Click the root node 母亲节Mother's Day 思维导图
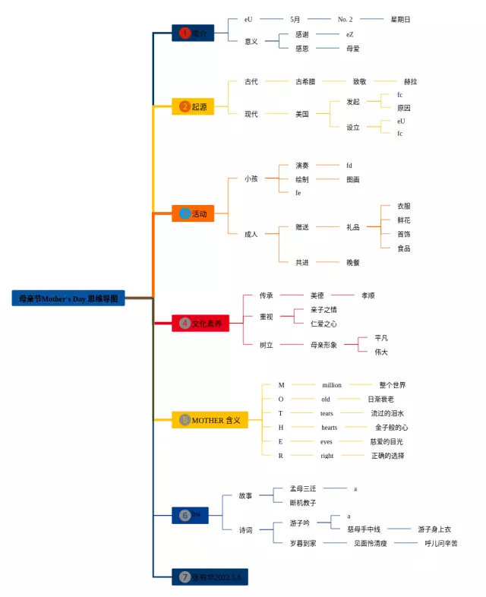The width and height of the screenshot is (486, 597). [x=68, y=298]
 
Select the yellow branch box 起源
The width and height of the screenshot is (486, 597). [x=193, y=107]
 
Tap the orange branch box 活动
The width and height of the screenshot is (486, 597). [x=193, y=214]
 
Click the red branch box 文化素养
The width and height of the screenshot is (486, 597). [x=200, y=324]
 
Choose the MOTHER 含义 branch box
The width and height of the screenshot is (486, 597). [x=210, y=420]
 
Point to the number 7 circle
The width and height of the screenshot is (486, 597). [x=185, y=576]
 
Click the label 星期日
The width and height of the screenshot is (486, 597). [x=400, y=19]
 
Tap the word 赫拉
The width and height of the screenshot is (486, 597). [x=410, y=81]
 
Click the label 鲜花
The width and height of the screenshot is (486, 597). [x=404, y=220]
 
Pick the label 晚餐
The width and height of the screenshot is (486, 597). [x=353, y=263]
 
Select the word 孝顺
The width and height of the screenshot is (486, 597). [x=368, y=295]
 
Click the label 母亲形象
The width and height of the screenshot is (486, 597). [x=323, y=345]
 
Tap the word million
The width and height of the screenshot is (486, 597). [x=332, y=385]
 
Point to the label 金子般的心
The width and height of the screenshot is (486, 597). [x=391, y=428]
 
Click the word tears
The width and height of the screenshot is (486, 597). [x=327, y=413]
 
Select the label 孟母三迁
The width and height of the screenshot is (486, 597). [x=303, y=488]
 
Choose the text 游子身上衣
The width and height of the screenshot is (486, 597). [x=434, y=529]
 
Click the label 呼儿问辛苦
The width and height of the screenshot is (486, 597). [x=441, y=543]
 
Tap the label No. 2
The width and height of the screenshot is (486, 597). [x=346, y=19]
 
